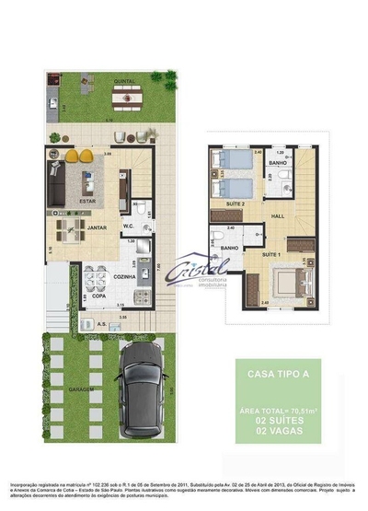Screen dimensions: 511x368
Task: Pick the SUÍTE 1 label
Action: (270, 252)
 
